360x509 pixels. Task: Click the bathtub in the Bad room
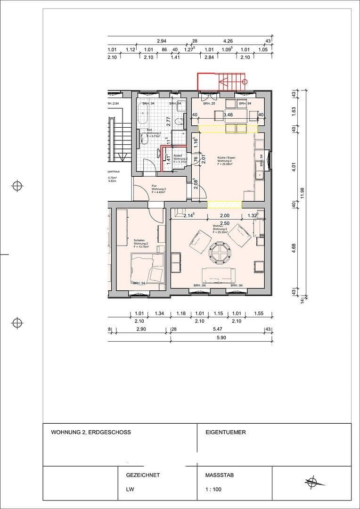(143, 114)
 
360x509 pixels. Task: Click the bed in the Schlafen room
(147, 268)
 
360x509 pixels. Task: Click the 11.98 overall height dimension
(310, 193)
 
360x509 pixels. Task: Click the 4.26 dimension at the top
(229, 41)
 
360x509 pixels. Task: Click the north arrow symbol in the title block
(311, 482)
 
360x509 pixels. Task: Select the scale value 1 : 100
(213, 489)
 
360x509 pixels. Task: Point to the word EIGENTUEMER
(226, 432)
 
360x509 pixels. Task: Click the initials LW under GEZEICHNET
(129, 489)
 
